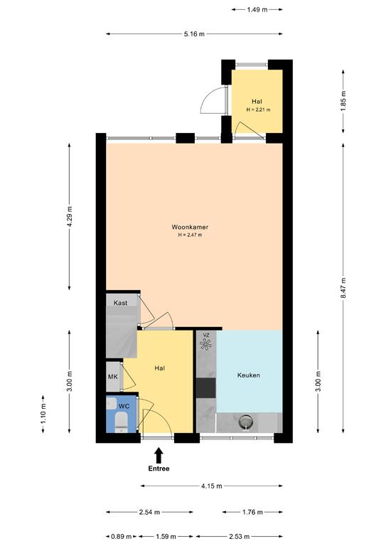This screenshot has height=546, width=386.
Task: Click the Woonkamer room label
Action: (x=190, y=227)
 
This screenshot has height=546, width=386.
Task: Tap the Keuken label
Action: (x=249, y=375)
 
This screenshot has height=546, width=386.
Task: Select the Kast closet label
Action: (x=120, y=303)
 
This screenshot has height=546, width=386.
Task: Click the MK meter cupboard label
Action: (x=113, y=377)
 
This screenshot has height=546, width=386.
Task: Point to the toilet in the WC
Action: (x=121, y=422)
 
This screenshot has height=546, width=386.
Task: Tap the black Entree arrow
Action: (x=159, y=455)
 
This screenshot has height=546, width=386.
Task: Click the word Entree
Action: (x=159, y=469)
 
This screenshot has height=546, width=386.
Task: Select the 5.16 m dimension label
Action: (x=194, y=34)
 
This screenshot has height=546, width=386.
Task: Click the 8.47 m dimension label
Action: (x=343, y=288)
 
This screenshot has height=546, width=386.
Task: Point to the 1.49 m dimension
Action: (x=257, y=10)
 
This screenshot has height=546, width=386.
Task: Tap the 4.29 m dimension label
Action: (x=70, y=217)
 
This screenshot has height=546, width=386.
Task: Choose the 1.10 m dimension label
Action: (x=43, y=414)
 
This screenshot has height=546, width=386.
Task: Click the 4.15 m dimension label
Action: (x=211, y=486)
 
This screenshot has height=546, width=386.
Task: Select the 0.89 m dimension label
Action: (x=122, y=537)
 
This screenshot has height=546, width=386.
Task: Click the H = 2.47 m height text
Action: (x=190, y=235)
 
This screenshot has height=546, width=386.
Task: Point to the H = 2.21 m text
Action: (x=258, y=109)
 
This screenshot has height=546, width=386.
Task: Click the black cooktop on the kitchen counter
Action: (x=205, y=388)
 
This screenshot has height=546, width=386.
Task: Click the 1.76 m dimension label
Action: (x=252, y=512)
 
